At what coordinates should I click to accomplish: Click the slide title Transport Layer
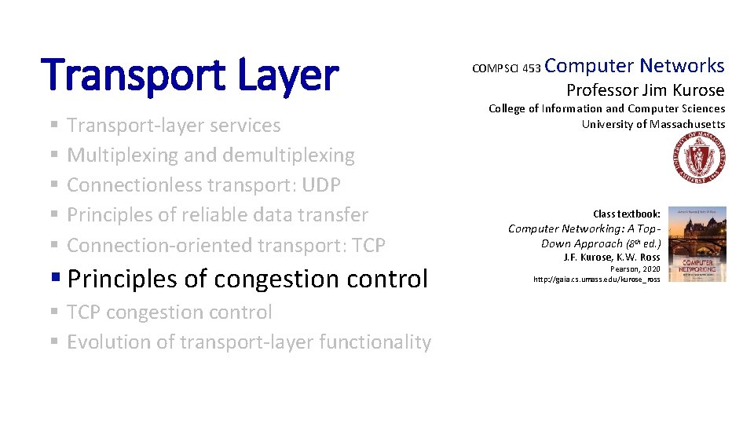(x=192, y=75)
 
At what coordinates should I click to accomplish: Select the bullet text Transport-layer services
(x=174, y=126)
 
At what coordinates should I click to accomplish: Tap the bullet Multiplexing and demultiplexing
(x=210, y=155)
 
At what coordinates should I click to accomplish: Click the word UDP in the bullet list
(x=321, y=185)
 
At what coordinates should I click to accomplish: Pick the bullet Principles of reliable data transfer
(x=218, y=215)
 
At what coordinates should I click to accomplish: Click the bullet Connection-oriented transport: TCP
(x=226, y=245)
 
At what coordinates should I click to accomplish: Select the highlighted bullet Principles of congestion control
(x=247, y=279)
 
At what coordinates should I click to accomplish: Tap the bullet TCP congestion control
(x=170, y=313)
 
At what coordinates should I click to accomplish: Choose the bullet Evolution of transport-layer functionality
(x=249, y=342)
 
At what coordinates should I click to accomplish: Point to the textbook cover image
(x=696, y=244)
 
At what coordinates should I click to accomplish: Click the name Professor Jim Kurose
(x=645, y=90)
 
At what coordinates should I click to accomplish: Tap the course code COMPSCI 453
(x=506, y=69)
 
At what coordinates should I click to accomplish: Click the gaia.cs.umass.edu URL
(x=596, y=280)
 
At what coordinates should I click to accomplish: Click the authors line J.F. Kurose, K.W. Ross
(x=612, y=257)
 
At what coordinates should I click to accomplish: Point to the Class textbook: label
(x=626, y=214)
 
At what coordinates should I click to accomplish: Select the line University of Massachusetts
(x=653, y=124)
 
